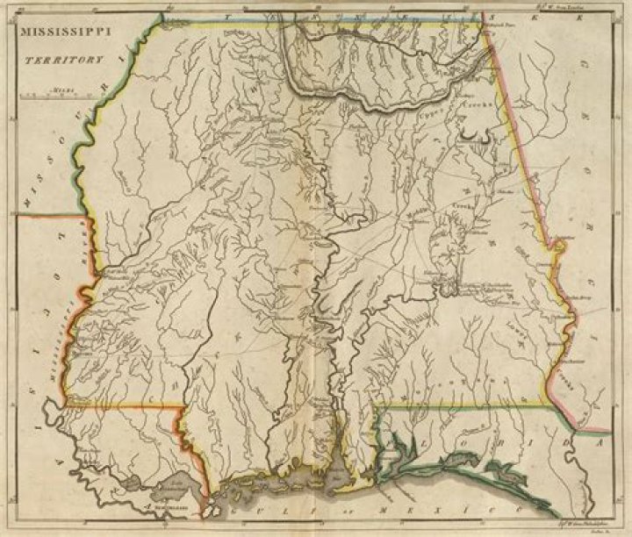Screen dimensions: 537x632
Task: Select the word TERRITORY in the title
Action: tap(63, 62)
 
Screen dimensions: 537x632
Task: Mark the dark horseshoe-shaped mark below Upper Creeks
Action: tap(477, 134)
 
